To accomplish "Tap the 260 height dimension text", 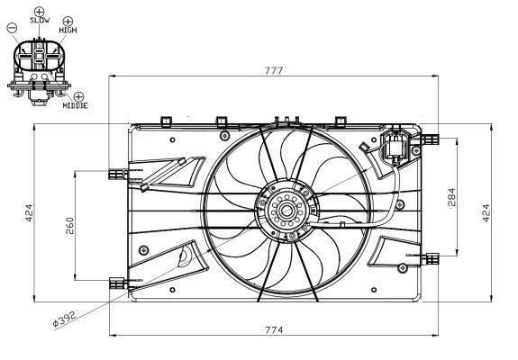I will (x=69, y=225).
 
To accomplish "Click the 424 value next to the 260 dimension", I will (x=30, y=212).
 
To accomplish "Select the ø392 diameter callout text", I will (x=66, y=315).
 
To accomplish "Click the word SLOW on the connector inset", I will (x=40, y=19).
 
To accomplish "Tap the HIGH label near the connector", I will (x=68, y=30).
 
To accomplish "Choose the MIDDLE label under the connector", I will (x=75, y=105).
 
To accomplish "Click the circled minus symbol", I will (x=12, y=27).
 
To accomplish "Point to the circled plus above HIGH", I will (x=68, y=20).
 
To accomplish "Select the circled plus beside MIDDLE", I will (x=80, y=95).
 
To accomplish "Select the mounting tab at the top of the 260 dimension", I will (x=114, y=171).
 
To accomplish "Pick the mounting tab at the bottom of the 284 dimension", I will (x=432, y=258).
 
